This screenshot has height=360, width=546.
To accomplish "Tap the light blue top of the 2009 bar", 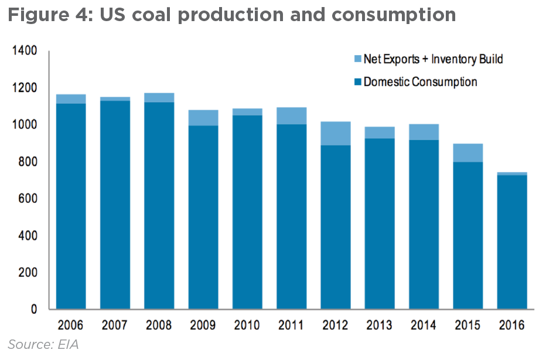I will (203, 118).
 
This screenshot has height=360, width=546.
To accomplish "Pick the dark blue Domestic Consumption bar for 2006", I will (71, 206).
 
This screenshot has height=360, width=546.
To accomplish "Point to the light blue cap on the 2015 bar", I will (467, 152).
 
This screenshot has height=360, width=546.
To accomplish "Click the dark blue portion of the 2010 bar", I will (247, 212).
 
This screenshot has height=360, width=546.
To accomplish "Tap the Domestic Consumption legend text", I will (420, 81).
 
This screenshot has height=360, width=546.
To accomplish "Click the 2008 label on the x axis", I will (159, 325).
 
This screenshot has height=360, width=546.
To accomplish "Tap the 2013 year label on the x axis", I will (380, 325).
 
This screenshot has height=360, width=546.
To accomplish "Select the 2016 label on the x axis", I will (512, 325).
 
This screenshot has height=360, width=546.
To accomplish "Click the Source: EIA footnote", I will (43, 345).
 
